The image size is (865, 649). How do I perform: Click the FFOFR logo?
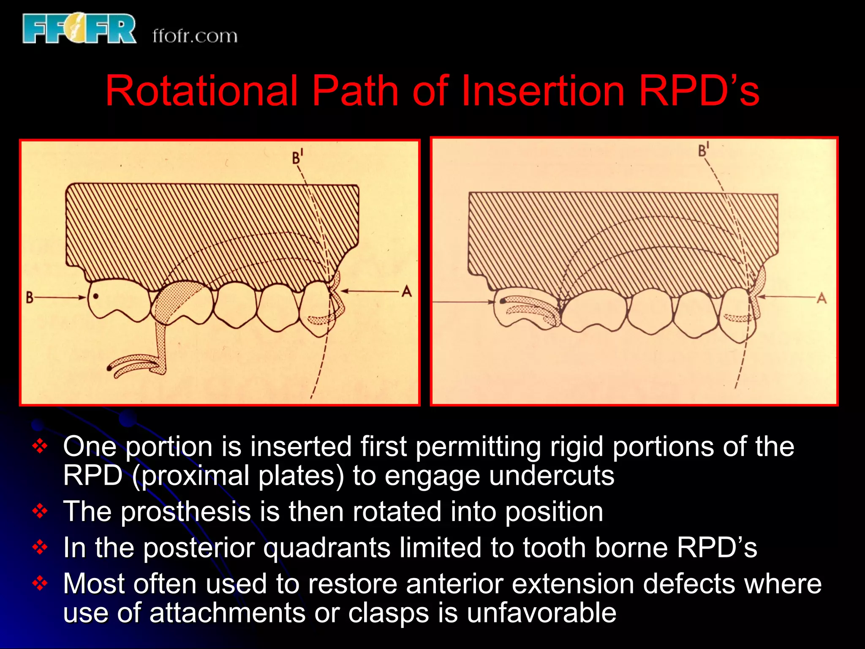point(79,28)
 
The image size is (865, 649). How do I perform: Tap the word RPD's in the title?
point(699,91)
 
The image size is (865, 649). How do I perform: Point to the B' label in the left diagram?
point(297,157)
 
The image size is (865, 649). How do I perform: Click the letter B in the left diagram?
point(30,297)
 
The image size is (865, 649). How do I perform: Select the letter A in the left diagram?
point(406,291)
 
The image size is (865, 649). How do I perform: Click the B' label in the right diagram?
point(703,150)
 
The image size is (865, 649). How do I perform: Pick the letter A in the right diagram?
point(821,298)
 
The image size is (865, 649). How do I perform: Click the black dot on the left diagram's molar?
point(96,296)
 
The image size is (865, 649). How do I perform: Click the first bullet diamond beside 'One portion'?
point(40,446)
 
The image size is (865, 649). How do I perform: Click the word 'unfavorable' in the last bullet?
point(541,613)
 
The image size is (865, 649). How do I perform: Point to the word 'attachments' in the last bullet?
point(227,613)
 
